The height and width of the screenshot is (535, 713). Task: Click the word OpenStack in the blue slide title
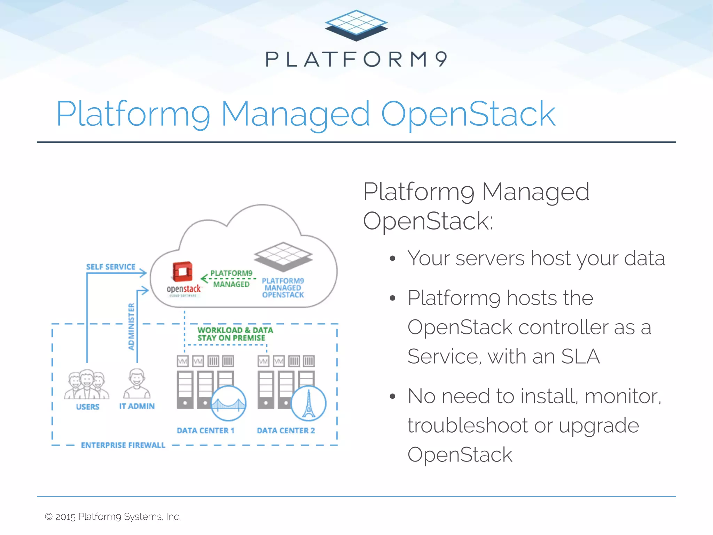468,114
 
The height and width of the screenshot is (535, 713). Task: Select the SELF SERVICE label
111,267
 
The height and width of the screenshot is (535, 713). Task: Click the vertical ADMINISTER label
131,326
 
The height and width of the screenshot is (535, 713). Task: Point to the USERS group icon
87,385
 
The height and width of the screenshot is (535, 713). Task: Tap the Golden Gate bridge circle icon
229,403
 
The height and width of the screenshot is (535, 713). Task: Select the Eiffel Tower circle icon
308,403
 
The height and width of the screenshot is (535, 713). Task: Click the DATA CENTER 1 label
205,431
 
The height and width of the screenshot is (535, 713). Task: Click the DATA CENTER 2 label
286,431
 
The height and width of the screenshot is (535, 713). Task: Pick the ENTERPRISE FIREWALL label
123,445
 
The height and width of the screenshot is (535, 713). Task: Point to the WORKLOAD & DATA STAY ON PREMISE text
235,334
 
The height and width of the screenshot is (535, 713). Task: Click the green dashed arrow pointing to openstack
228,278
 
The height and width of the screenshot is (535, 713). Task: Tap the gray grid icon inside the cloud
283,257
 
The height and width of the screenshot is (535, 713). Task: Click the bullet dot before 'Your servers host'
393,258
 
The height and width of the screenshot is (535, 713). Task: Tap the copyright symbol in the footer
49,517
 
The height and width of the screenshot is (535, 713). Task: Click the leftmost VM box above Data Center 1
183,361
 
